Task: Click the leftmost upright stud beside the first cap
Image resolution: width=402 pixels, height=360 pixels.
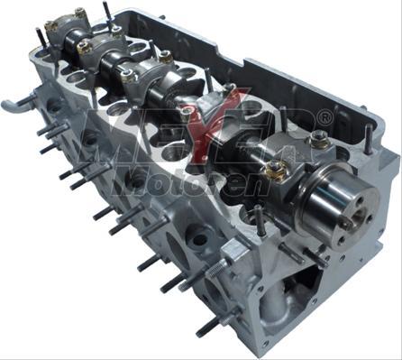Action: coord(41,39)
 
